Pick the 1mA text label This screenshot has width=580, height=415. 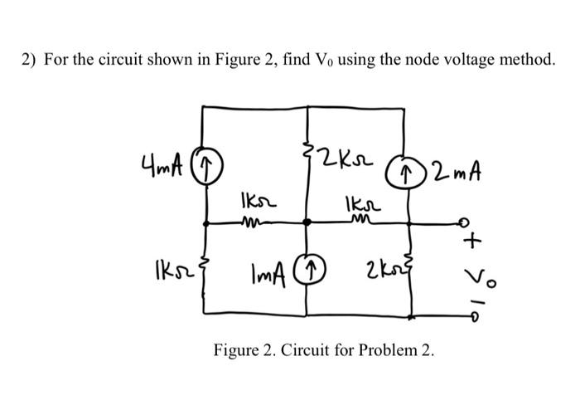(271, 269)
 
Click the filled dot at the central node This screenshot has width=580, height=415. (308, 222)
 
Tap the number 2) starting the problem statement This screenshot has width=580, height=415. (29, 61)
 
